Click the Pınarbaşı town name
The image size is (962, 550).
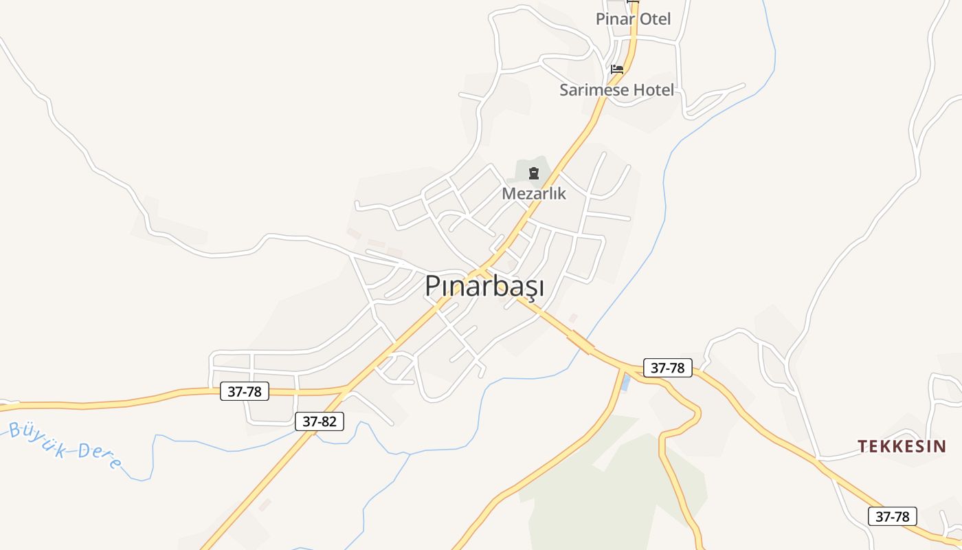(484, 286)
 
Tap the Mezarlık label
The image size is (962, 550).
(534, 193)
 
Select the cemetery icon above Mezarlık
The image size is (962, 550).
(534, 173)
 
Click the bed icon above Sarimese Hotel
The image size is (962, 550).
(617, 69)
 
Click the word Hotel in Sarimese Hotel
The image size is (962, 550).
(652, 90)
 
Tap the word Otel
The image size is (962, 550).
(655, 19)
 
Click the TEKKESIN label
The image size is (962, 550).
(902, 446)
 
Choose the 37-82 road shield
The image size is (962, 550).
(320, 421)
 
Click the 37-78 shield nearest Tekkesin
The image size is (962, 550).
(893, 516)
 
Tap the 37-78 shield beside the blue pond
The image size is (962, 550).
(667, 368)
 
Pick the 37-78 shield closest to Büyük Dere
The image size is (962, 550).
(245, 392)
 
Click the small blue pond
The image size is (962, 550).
(625, 383)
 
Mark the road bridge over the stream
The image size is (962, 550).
(581, 342)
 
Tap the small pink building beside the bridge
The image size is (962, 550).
(573, 318)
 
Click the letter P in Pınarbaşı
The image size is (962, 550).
(432, 286)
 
